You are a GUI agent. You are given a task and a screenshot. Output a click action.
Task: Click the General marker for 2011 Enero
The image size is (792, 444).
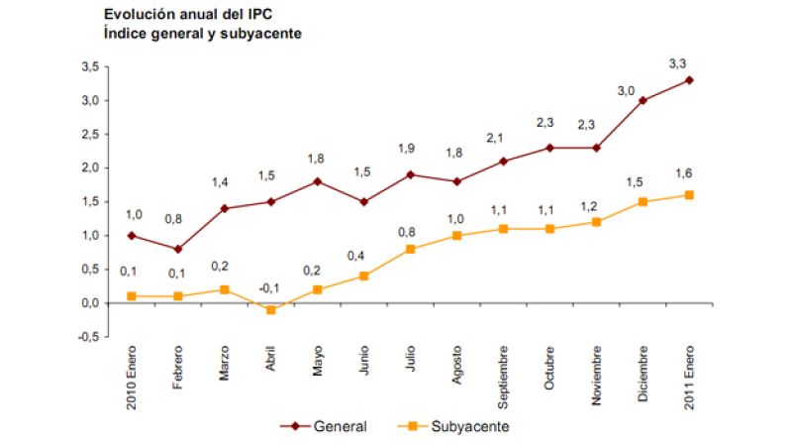(689, 80)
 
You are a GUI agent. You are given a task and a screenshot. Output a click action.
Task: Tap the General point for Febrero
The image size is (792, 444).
(177, 249)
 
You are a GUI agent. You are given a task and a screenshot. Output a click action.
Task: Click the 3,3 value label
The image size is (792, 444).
(678, 63)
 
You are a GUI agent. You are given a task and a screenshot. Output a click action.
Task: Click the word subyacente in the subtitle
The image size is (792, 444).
(252, 33)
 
